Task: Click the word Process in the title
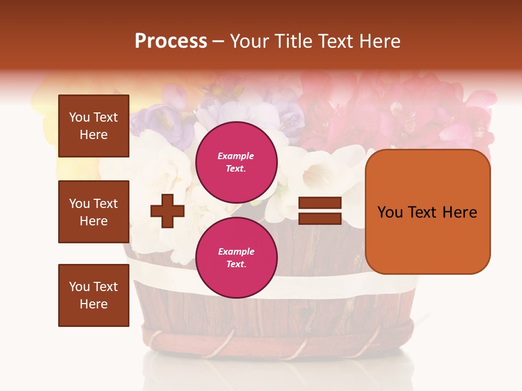tap(171, 41)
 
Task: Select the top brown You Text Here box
tap(94, 126)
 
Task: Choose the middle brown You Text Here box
tap(94, 212)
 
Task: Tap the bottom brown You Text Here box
tap(94, 295)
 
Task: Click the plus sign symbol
tap(167, 211)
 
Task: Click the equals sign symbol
tap(320, 211)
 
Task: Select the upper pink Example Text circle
tap(236, 162)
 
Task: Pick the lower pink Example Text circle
tap(236, 257)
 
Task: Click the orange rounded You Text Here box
tap(427, 212)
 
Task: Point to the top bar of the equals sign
tap(320, 203)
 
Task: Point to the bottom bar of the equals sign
tap(320, 218)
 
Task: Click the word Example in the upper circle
tap(236, 156)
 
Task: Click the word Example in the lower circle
tap(236, 251)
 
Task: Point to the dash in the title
tap(219, 42)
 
